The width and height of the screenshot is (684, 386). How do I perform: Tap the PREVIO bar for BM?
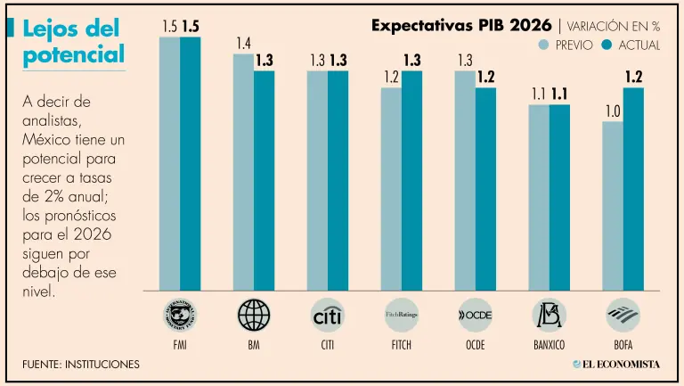point(243,171)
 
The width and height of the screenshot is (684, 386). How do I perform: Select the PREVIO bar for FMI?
point(169,162)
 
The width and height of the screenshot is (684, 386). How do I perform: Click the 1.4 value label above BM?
point(243,43)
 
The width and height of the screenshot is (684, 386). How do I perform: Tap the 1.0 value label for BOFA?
point(612,111)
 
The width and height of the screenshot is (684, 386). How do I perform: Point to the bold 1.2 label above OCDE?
point(485,77)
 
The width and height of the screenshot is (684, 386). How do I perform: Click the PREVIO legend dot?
point(544,45)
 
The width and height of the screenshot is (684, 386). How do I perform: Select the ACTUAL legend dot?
point(607,45)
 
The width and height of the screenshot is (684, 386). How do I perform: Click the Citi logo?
point(328,316)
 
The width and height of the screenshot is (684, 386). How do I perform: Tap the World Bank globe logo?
point(254,316)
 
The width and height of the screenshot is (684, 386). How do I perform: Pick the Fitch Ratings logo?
point(402,316)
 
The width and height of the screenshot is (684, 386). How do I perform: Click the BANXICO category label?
point(549,343)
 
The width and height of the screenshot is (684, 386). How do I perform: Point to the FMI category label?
point(180,343)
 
